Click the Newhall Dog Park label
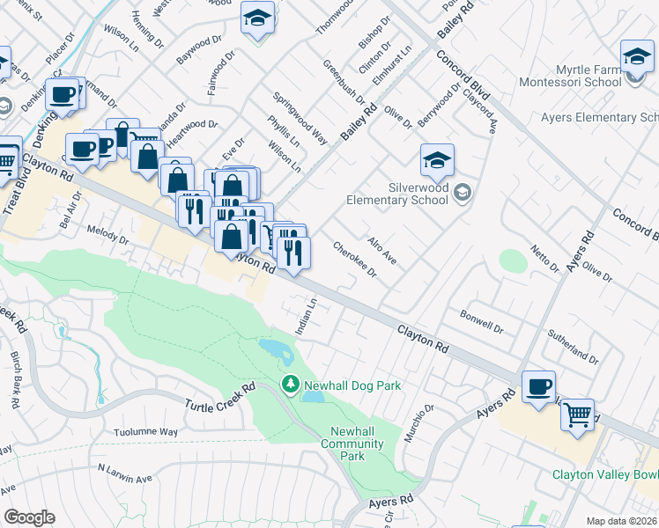pyautogui.click(x=352, y=385)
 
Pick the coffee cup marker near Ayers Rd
pyautogui.click(x=538, y=387)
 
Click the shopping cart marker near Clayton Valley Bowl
pyautogui.click(x=577, y=414)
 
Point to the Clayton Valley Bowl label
pyautogui.click(x=605, y=474)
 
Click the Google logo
pyautogui.click(x=28, y=517)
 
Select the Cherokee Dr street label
pyautogui.click(x=355, y=260)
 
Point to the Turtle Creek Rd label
pyautogui.click(x=219, y=395)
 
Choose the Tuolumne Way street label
pyautogui.click(x=146, y=432)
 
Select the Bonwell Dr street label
pyautogui.click(x=481, y=321)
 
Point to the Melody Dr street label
pyautogui.click(x=107, y=234)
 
